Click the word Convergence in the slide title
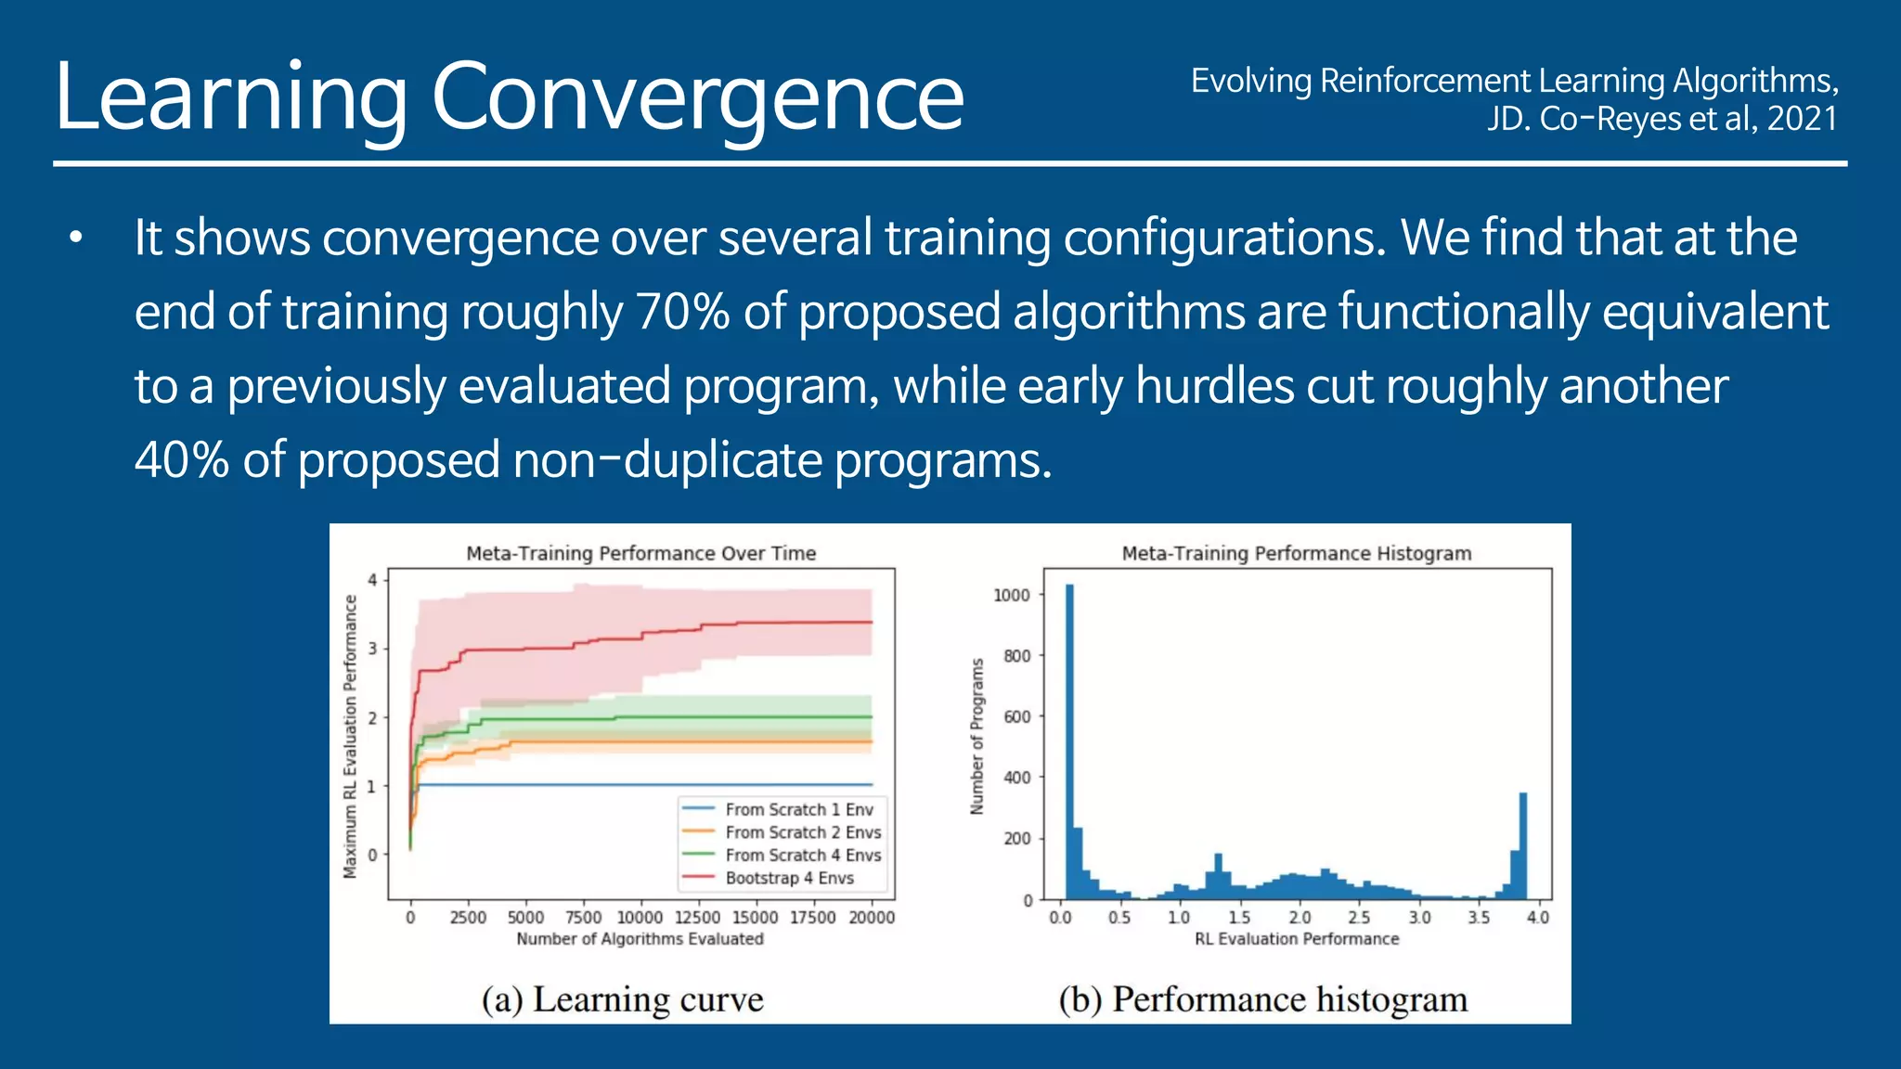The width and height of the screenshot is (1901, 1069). tap(697, 97)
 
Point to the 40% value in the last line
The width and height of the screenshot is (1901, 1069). tap(181, 460)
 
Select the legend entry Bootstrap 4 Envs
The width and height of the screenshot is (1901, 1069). tap(789, 878)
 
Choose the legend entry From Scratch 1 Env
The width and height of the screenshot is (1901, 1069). tap(798, 809)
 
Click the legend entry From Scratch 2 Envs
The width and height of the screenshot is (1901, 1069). tap(803, 832)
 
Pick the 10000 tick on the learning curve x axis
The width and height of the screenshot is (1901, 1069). tap(640, 918)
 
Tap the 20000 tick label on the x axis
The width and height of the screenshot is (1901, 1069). tap(872, 918)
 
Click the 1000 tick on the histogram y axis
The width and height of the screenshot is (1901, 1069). tap(1012, 595)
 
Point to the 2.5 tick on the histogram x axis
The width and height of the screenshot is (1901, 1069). tap(1359, 918)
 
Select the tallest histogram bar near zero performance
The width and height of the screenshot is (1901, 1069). tap(1069, 742)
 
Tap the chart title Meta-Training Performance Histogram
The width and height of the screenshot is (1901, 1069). tap(1297, 554)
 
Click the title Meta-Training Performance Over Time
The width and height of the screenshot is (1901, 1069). tap(640, 554)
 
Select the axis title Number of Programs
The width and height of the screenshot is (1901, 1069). tap(976, 737)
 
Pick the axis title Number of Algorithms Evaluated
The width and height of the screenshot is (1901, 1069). tap(640, 939)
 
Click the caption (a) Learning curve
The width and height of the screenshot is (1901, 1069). tap(622, 999)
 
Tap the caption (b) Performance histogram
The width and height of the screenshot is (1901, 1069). tap(1263, 999)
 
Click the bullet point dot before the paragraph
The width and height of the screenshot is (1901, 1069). tap(76, 239)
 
